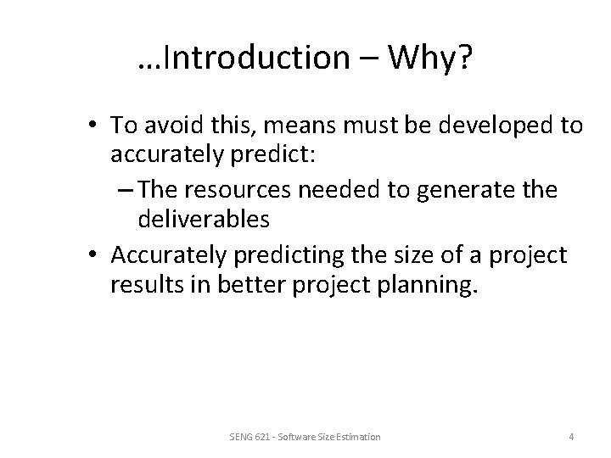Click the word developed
(x=492, y=126)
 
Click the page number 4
(x=571, y=436)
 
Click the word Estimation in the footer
(x=356, y=436)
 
